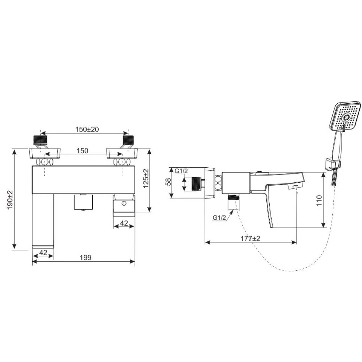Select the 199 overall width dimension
pyautogui.click(x=86, y=257)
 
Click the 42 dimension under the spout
pyautogui.click(x=43, y=252)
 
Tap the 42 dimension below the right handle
pyautogui.click(x=124, y=223)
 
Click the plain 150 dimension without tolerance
pyautogui.click(x=83, y=151)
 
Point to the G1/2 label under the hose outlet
pyautogui.click(x=220, y=218)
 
